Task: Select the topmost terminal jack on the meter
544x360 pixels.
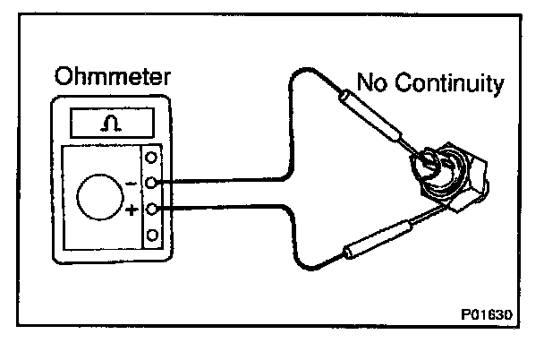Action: [150, 159]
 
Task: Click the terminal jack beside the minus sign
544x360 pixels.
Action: [150, 184]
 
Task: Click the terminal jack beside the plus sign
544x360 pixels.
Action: [150, 210]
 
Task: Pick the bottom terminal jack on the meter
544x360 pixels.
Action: [150, 236]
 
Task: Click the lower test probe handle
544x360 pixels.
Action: [375, 240]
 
